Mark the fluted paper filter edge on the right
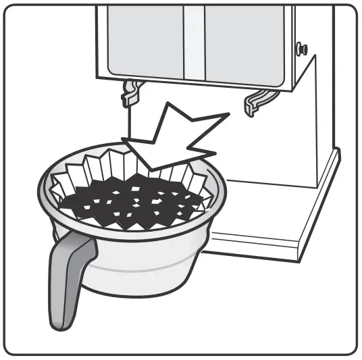pos(203,177)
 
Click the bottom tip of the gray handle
pos(57,323)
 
